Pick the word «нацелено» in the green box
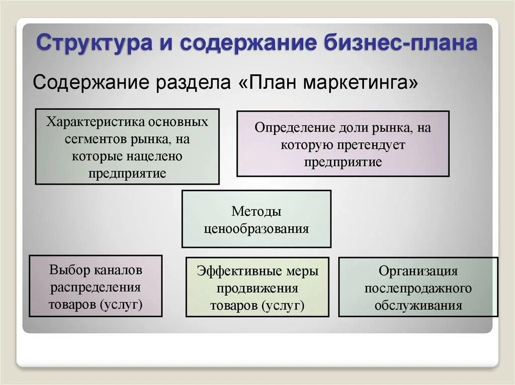pos(154,156)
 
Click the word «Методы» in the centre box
pos(256,211)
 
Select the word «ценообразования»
pos(256,229)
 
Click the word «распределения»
pos(95,288)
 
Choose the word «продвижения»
pos(257,289)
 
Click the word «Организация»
pos(418,271)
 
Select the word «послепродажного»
pos(418,289)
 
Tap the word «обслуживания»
pos(418,306)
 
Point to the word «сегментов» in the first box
pos(89,139)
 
